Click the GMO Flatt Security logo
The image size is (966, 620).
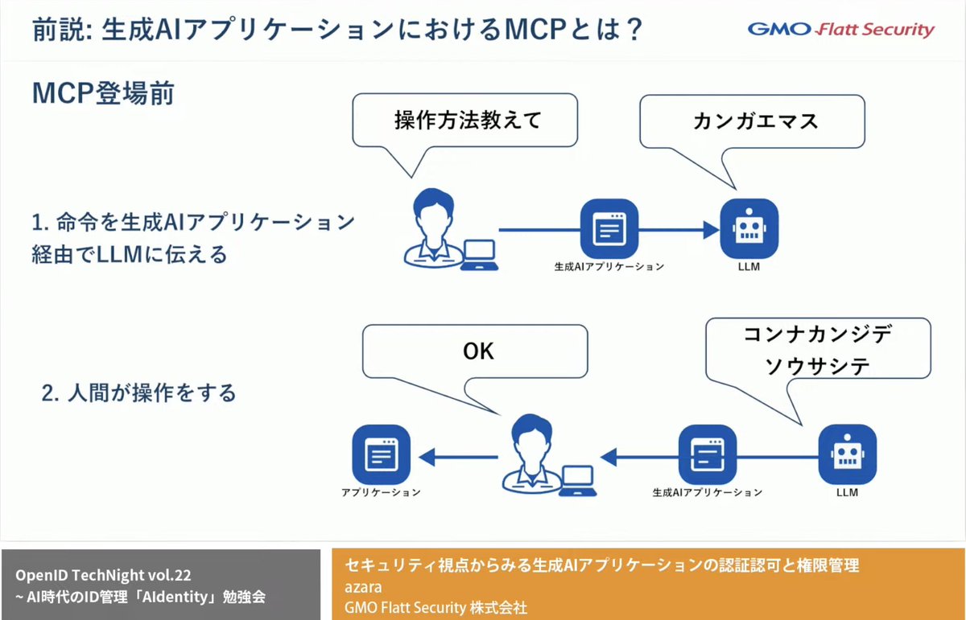click(x=841, y=31)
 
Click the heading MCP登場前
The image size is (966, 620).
click(x=103, y=92)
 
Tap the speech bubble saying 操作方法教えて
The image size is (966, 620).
click(x=467, y=121)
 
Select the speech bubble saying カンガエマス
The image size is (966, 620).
click(x=755, y=121)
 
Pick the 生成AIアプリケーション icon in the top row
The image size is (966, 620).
click(x=609, y=229)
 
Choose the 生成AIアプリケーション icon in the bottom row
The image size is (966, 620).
click(x=708, y=455)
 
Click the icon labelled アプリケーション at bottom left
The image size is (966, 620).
click(x=382, y=455)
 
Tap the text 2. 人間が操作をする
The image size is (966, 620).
click(x=138, y=393)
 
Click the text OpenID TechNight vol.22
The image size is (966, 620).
click(x=103, y=576)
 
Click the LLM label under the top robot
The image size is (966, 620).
click(x=749, y=266)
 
